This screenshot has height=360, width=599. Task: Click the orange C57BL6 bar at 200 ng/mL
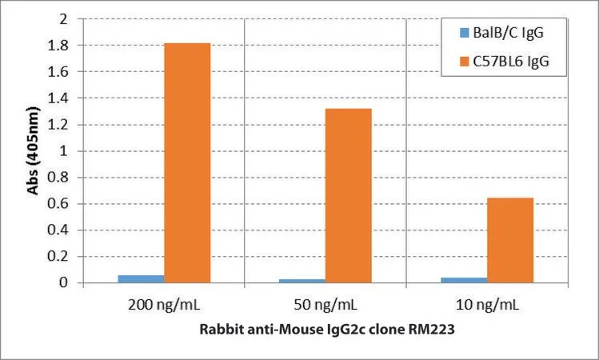click(187, 163)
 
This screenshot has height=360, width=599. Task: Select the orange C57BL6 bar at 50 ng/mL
click(349, 196)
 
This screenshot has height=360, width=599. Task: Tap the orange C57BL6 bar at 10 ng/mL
click(510, 240)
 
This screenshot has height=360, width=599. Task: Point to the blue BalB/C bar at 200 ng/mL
click(141, 279)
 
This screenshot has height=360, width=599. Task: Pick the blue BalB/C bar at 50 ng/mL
click(302, 281)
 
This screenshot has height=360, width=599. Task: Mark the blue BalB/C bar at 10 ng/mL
click(464, 280)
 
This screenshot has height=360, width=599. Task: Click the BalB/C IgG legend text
click(508, 33)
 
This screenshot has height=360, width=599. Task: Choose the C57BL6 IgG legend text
click(511, 62)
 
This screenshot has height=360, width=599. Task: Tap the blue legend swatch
click(464, 33)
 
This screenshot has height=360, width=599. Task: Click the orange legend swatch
click(464, 62)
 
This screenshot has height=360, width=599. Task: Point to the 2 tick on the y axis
click(63, 19)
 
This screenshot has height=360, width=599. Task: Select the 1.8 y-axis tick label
click(58, 46)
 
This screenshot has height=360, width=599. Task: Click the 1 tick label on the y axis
click(63, 151)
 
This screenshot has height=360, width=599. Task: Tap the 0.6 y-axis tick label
click(58, 204)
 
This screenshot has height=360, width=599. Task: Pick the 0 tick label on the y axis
click(63, 283)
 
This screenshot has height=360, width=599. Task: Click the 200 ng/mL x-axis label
click(164, 305)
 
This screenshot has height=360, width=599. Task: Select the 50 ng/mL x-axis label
click(325, 305)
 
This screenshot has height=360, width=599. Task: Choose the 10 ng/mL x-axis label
click(488, 305)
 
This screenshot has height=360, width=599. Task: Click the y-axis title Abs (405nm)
click(33, 150)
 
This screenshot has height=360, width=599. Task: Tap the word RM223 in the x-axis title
click(432, 329)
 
